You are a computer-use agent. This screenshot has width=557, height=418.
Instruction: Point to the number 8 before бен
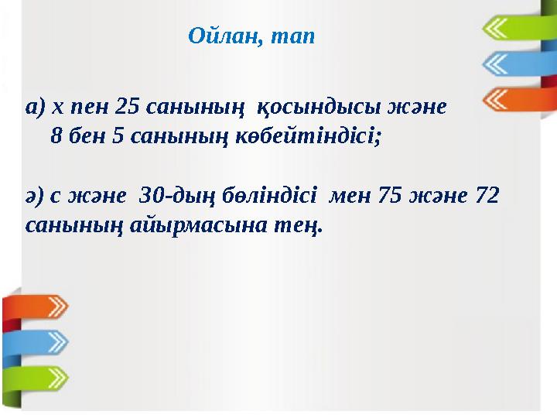click(56, 136)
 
